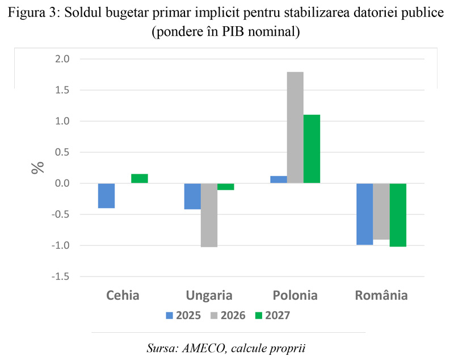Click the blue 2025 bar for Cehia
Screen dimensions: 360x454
[x=106, y=196]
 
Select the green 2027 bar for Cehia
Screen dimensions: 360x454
[x=140, y=178]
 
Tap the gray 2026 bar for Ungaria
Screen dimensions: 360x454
[x=209, y=215]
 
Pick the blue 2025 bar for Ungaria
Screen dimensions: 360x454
[x=192, y=196]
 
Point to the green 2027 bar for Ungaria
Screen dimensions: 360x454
[x=226, y=187]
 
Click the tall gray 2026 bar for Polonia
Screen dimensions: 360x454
[x=295, y=128]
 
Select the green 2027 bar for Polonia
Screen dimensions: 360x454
[x=312, y=149]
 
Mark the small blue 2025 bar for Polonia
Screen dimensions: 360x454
[x=278, y=179]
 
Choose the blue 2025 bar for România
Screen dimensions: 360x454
[x=364, y=214]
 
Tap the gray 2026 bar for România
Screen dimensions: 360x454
[x=381, y=211]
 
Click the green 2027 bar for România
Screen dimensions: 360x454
[x=398, y=215]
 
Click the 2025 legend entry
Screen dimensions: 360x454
[x=183, y=316]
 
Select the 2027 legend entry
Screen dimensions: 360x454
[x=272, y=316]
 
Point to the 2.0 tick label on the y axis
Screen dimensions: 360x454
[x=61, y=59]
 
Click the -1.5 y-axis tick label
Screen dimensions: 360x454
[x=60, y=277]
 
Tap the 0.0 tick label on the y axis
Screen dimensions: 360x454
[x=61, y=183]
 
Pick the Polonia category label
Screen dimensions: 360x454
[x=295, y=295]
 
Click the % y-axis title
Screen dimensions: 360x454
[x=38, y=168]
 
